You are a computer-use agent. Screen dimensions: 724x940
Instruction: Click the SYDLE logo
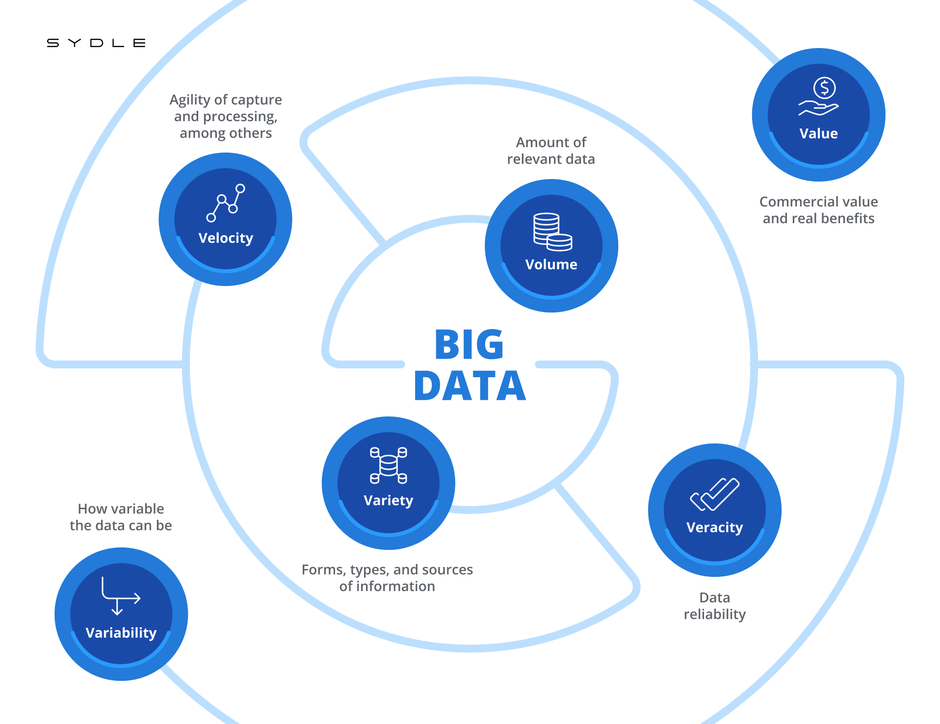point(96,43)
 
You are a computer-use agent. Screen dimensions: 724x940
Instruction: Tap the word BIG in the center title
point(469,344)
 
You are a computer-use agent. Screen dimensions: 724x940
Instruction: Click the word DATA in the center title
point(470,386)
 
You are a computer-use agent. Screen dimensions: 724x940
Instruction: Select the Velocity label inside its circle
point(226,238)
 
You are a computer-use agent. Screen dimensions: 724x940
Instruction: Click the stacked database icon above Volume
point(552,232)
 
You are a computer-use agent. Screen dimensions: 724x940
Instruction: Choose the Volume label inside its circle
point(551,265)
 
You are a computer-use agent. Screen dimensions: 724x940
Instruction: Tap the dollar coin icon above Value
point(824,88)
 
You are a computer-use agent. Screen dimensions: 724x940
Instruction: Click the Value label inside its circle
point(818,134)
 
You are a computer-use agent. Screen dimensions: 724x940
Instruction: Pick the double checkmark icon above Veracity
point(714,494)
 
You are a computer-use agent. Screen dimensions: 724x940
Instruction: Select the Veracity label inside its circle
point(714,528)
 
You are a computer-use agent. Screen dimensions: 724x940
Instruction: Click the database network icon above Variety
point(388,465)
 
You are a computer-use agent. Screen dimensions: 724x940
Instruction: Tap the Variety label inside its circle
point(388,501)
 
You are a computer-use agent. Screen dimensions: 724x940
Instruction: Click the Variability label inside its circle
point(121,633)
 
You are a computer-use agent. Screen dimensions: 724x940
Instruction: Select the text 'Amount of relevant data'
point(551,151)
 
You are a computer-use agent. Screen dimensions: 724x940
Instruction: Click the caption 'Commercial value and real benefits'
point(818,210)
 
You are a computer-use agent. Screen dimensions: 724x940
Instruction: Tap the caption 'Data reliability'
point(714,606)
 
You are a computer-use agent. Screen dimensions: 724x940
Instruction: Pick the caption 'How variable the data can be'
point(121,517)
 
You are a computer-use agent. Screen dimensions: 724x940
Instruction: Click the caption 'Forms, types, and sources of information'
point(387,578)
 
